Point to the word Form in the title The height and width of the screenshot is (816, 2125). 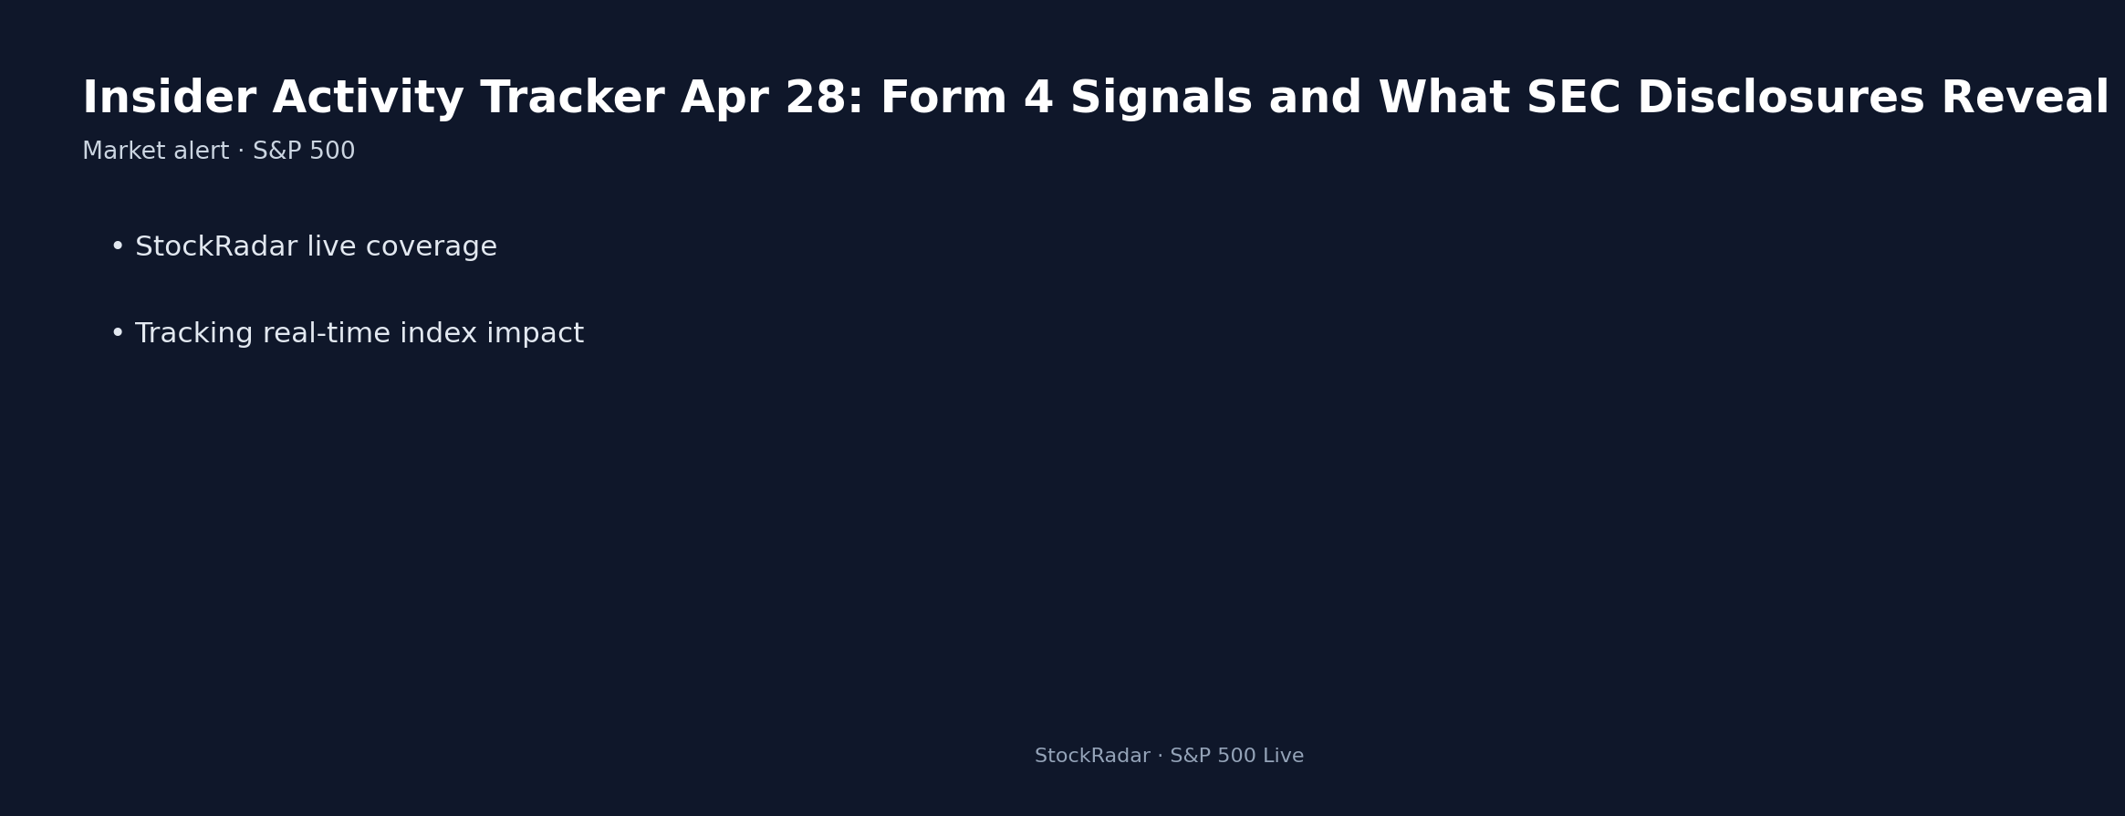tap(943, 99)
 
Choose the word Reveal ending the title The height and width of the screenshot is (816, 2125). tap(2025, 99)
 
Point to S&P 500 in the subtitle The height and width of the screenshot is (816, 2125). tap(304, 152)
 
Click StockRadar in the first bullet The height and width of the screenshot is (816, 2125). tap(216, 247)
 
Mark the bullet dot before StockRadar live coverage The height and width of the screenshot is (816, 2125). tap(117, 247)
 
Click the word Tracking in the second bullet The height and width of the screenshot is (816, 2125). tap(193, 334)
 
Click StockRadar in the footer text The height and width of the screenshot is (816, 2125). tap(1092, 757)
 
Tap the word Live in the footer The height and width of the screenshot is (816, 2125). tap(1283, 757)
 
